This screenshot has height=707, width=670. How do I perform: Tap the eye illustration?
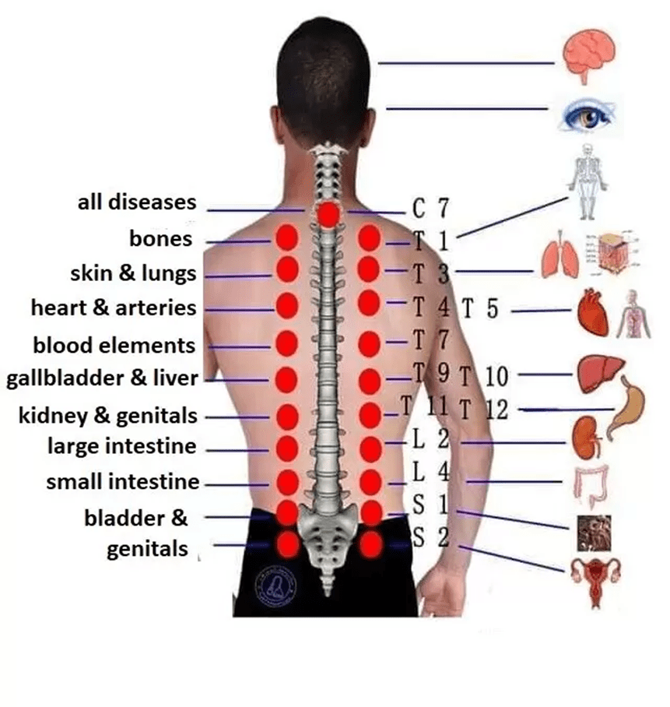(589, 117)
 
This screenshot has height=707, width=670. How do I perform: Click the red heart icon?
(594, 312)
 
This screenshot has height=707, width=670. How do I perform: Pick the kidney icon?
(586, 438)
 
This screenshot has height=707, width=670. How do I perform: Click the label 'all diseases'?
(137, 202)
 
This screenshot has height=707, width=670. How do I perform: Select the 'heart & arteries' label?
(114, 308)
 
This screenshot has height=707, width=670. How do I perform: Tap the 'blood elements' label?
(114, 344)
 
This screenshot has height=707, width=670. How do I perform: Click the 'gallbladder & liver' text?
(101, 379)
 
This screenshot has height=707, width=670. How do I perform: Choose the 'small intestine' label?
(123, 482)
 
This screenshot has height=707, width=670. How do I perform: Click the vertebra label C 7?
(430, 208)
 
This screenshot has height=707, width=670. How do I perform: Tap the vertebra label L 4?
(430, 471)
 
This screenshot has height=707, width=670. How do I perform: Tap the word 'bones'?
(160, 238)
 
